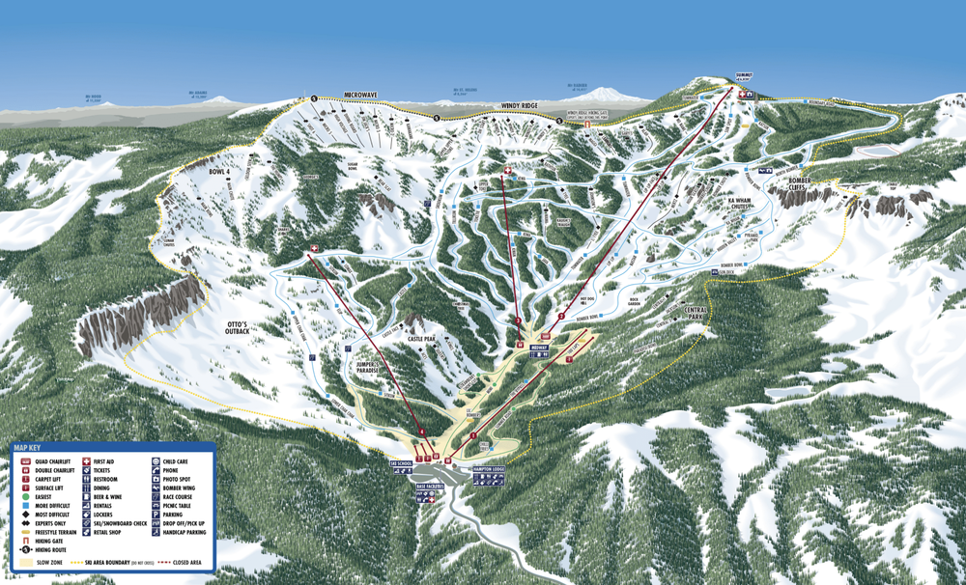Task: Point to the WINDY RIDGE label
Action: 524,104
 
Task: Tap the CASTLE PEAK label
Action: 422,340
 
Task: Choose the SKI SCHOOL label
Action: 401,464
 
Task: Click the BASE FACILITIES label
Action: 430,487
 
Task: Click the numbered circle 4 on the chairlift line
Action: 423,432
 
